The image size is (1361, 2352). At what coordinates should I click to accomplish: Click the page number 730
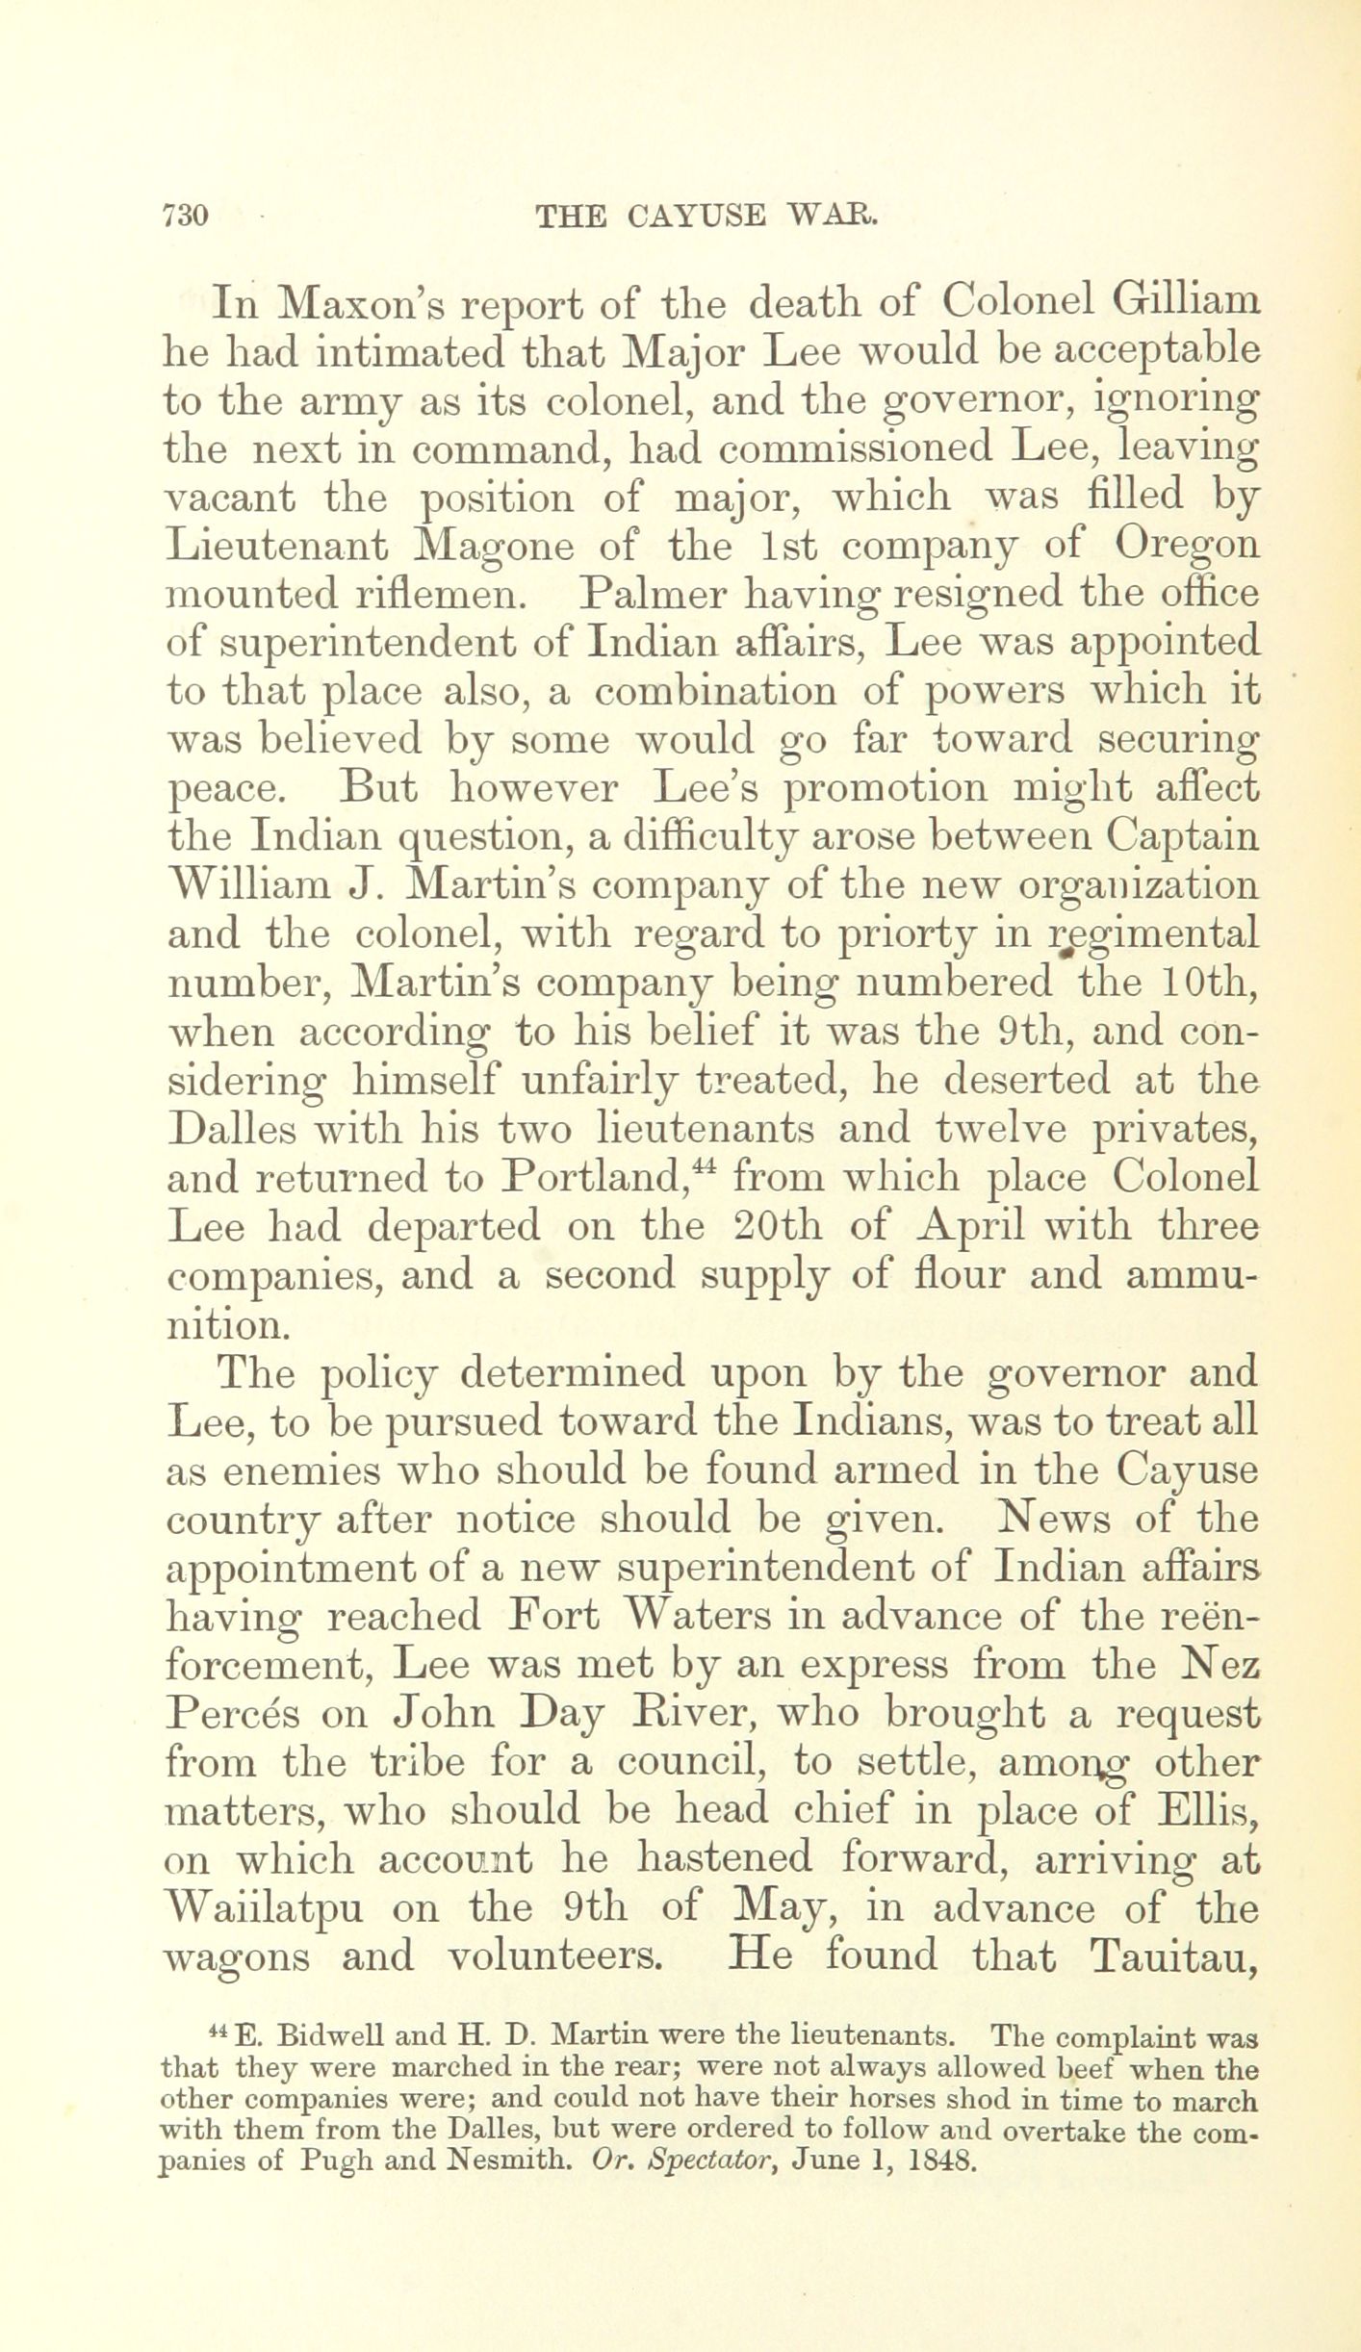coord(187,215)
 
